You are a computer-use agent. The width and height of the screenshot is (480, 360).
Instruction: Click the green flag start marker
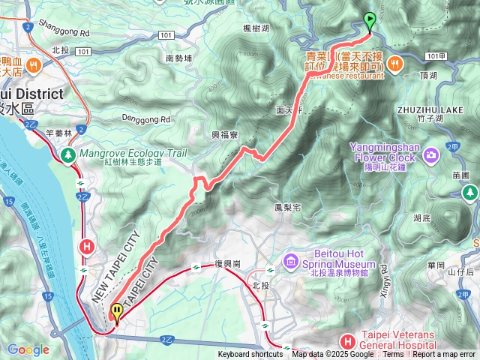369,20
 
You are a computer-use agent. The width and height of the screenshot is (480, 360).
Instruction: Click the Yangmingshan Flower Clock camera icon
430,156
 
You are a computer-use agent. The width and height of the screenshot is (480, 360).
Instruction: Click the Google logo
28,349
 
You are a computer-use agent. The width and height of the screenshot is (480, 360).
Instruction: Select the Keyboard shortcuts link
250,355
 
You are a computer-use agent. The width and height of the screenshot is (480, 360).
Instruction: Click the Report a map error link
444,355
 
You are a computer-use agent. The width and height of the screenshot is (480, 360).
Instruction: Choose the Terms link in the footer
393,355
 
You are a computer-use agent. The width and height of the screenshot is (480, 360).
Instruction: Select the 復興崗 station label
226,265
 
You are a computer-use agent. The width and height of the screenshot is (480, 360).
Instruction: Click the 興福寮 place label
224,135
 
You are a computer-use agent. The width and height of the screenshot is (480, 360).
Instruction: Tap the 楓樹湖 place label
257,28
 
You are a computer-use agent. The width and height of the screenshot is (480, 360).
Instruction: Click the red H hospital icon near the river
87,245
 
